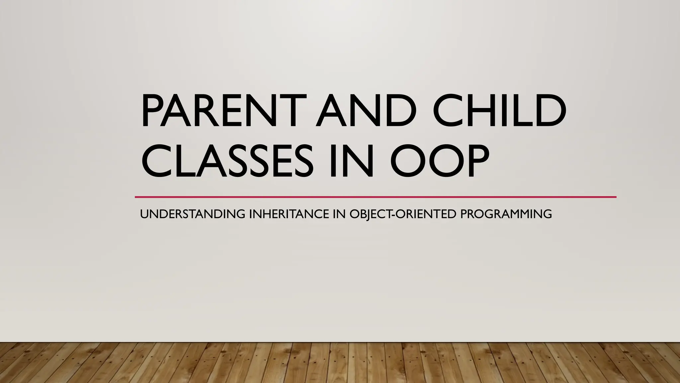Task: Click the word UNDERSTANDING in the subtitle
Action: pyautogui.click(x=193, y=214)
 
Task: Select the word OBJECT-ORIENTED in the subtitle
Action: pyautogui.click(x=403, y=214)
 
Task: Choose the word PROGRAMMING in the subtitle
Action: pyautogui.click(x=506, y=214)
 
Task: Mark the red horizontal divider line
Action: pyautogui.click(x=375, y=197)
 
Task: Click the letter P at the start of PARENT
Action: pyautogui.click(x=151, y=110)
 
